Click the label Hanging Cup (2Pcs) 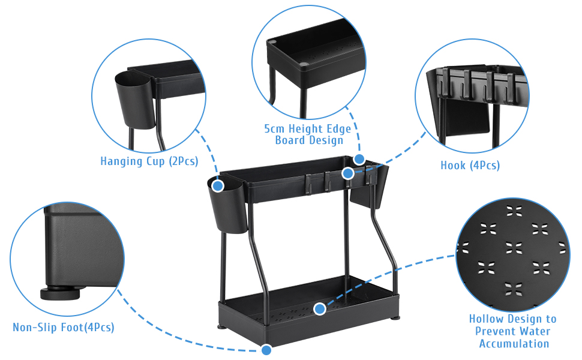click(149, 161)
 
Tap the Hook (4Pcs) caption click(470, 165)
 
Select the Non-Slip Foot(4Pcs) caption click(63, 328)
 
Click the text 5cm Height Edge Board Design click(308, 134)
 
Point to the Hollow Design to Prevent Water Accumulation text click(512, 331)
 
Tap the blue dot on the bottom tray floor click(320, 309)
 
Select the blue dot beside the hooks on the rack click(347, 173)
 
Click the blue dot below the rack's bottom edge click(266, 349)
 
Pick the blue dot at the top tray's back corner click(359, 159)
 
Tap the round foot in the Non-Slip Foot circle click(60, 294)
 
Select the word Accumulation click(514, 344)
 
